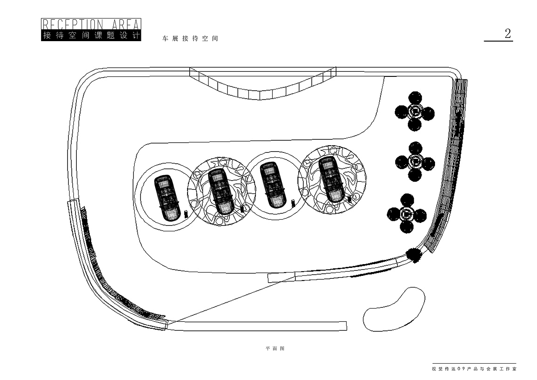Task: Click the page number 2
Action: (508, 34)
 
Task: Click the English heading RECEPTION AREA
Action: (91, 24)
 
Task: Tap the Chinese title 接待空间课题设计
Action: (91, 36)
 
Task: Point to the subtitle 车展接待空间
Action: (190, 38)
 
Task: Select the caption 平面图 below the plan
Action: (275, 349)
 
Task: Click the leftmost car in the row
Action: (167, 197)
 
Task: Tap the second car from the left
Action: (221, 191)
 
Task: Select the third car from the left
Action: (273, 185)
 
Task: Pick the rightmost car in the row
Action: (331, 179)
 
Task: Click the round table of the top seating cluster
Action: (414, 111)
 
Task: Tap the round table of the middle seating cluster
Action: (415, 161)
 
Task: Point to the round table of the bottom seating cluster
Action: (407, 213)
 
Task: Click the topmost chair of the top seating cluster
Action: (415, 98)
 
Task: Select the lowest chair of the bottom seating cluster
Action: (407, 227)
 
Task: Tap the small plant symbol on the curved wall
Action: (414, 255)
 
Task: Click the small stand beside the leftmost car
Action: (185, 214)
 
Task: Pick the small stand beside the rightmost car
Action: (349, 199)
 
